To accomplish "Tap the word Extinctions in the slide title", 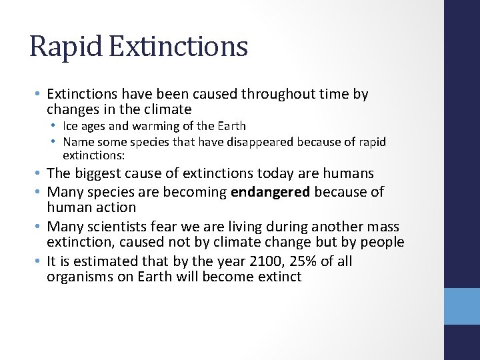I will click(174, 47).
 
